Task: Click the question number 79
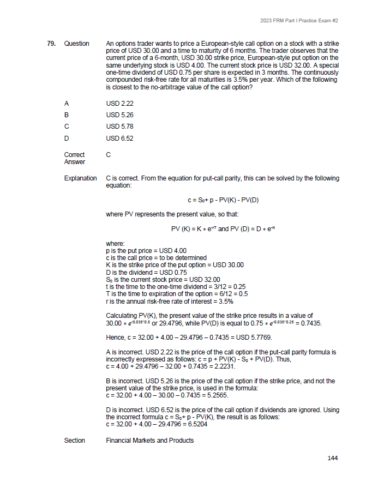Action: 51,43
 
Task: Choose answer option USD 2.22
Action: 119,103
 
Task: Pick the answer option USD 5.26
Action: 119,115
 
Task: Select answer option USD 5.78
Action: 119,126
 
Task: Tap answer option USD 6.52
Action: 119,138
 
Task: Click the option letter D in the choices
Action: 67,138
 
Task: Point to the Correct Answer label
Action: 74,158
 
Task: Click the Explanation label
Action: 80,178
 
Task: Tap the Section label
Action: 75,440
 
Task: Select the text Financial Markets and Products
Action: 149,440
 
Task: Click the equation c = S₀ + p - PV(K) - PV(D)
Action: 224,200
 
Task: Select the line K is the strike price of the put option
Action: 175,264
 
